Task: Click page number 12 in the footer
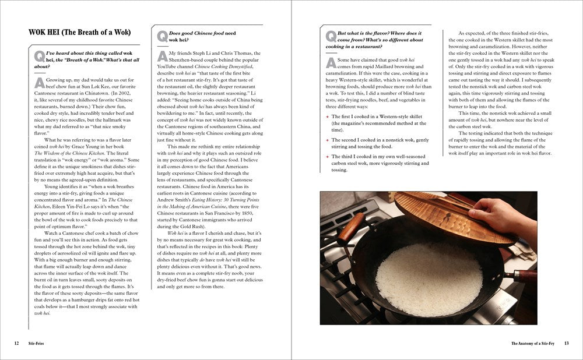[x=17, y=343]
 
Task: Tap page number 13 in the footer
[x=566, y=343]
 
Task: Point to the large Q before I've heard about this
[x=38, y=55]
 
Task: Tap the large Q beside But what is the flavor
[x=331, y=36]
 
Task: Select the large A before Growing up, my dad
[x=38, y=82]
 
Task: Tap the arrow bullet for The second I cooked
[x=328, y=140]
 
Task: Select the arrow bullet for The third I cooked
[x=328, y=157]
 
